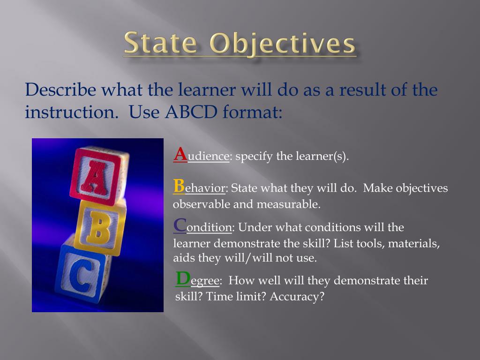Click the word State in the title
tap(160, 44)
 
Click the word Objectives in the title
tap(282, 44)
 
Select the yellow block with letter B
tap(99, 228)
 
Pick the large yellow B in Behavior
tap(179, 186)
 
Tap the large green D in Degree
tap(183, 278)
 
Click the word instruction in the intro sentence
tap(70, 113)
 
